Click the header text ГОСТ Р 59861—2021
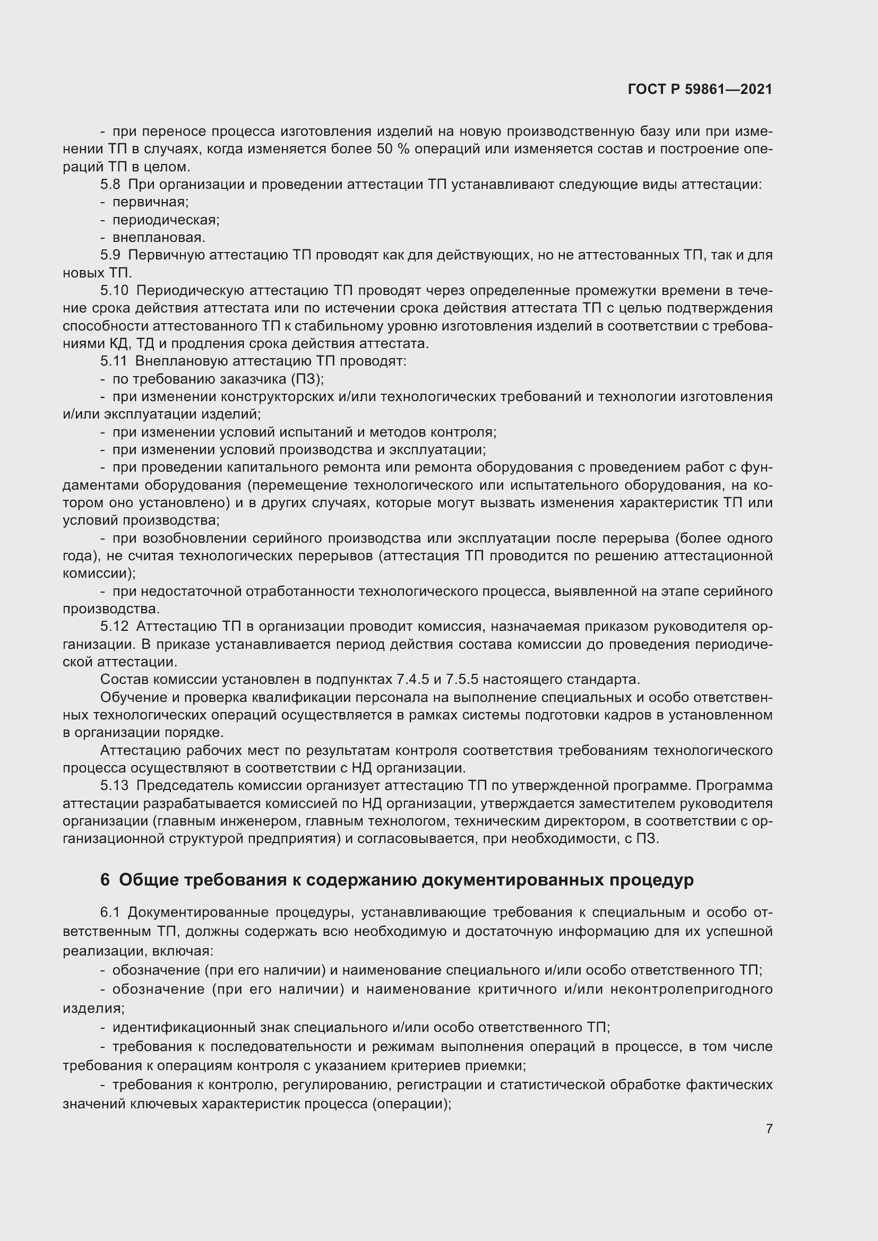(700, 89)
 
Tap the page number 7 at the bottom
(769, 1129)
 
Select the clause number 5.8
(110, 185)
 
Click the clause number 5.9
(110, 255)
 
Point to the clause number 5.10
(114, 291)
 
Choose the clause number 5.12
(114, 627)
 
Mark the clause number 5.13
(114, 785)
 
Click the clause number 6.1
(110, 913)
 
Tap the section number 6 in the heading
(105, 880)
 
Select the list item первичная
(150, 202)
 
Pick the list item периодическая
(166, 220)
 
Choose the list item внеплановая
(158, 238)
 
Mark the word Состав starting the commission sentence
(120, 680)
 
